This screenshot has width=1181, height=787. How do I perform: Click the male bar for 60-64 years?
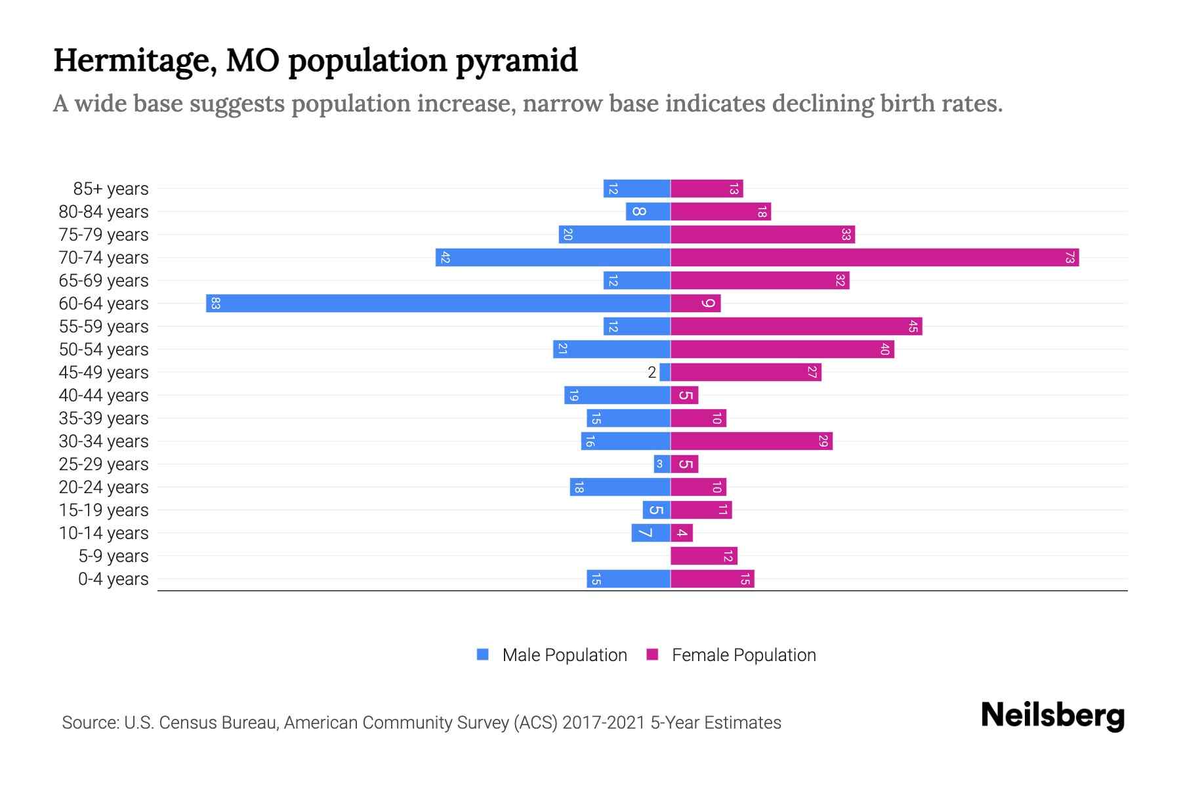click(438, 303)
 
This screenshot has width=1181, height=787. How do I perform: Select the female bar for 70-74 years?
click(875, 257)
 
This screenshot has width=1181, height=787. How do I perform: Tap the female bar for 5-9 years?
click(704, 555)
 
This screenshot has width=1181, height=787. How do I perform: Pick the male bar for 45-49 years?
click(665, 372)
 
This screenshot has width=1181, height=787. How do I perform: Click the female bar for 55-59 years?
click(797, 326)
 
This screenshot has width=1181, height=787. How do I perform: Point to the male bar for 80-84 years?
click(648, 211)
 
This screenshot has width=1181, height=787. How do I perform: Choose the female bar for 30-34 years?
click(751, 441)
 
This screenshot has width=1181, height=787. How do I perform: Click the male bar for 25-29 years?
click(661, 464)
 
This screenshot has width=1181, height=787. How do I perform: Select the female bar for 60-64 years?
click(695, 303)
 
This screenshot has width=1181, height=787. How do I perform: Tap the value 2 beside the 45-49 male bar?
click(652, 373)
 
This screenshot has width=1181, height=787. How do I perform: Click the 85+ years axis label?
click(110, 189)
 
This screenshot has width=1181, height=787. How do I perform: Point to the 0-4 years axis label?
click(113, 579)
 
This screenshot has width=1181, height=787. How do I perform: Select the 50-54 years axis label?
click(104, 350)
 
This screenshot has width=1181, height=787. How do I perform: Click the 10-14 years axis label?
click(104, 533)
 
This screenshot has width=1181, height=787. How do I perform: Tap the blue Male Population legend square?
click(483, 655)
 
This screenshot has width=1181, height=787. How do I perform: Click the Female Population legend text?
click(743, 655)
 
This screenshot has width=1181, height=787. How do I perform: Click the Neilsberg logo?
click(1052, 716)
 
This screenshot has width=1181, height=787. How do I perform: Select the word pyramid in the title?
click(516, 60)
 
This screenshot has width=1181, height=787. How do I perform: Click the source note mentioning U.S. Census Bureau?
click(421, 723)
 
